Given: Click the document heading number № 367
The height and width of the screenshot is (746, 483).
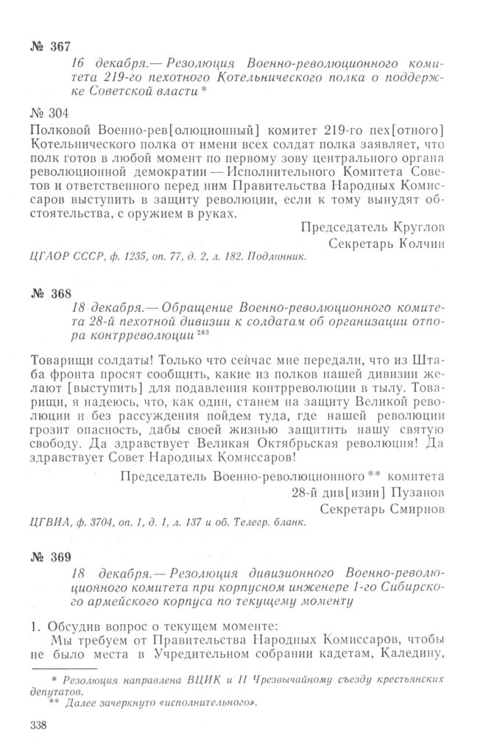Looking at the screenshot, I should [51, 46].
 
